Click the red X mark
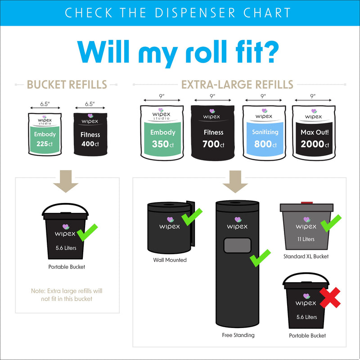click(x=330, y=297)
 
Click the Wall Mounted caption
click(x=170, y=260)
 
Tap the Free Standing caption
click(x=238, y=335)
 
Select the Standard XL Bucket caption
click(x=306, y=256)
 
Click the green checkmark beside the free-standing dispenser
click(x=260, y=257)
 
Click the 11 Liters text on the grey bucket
click(x=306, y=239)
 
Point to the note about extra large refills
click(x=67, y=295)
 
